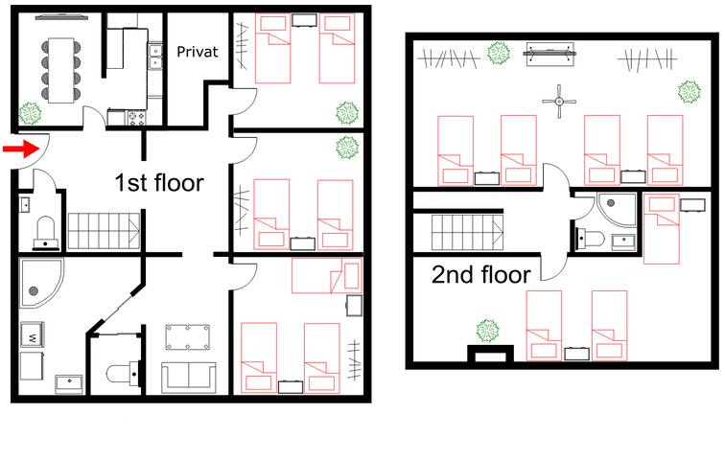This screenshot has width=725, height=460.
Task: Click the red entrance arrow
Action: tap(15, 149)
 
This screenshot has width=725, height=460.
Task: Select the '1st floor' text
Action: tap(159, 182)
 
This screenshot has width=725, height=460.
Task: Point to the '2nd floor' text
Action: tap(480, 275)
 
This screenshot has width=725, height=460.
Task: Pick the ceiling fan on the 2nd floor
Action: tap(555, 101)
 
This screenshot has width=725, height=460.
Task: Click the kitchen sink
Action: tap(154, 57)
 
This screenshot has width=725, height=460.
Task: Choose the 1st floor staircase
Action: tap(95, 232)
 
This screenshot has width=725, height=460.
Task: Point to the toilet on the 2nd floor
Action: tap(590, 238)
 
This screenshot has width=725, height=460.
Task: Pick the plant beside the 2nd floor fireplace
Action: tap(488, 329)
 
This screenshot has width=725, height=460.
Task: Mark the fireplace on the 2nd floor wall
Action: tap(487, 356)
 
